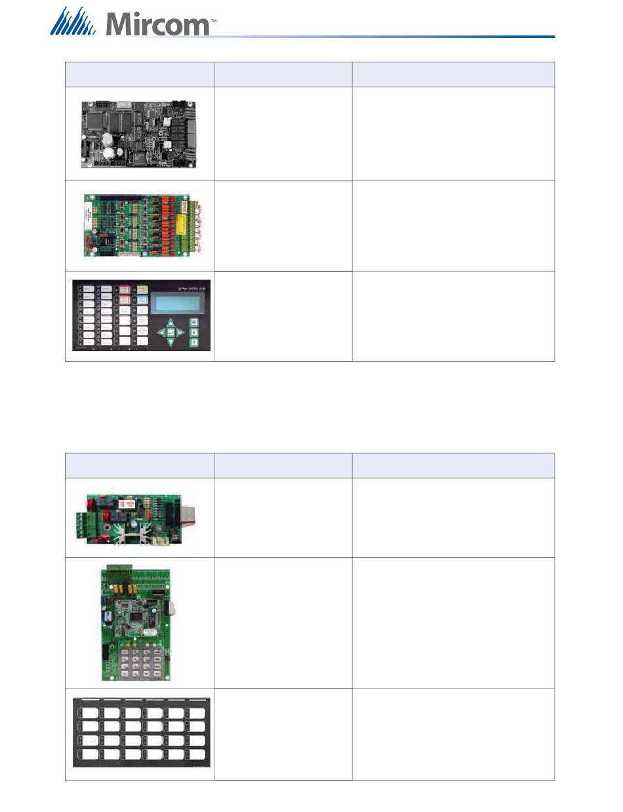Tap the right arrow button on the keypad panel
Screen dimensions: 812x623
point(180,332)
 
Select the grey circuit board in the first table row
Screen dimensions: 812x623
point(140,134)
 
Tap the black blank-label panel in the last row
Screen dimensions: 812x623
point(141,733)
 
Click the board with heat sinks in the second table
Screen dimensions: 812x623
point(140,517)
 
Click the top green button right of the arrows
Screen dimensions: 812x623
point(194,322)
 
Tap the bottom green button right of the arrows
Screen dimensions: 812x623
point(194,343)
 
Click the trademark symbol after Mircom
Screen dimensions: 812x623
point(213,20)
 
